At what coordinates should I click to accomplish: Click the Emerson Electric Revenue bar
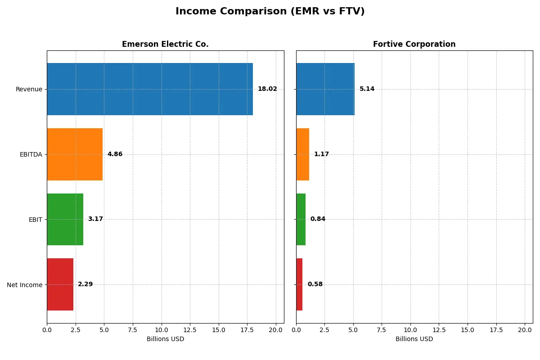coord(149,89)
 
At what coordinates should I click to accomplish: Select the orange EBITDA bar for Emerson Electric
coord(75,154)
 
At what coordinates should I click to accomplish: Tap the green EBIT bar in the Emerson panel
coord(65,219)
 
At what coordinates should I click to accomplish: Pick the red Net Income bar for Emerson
coord(60,284)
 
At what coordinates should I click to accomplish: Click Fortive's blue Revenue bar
coord(325,89)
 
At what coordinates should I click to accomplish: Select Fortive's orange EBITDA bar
coord(302,154)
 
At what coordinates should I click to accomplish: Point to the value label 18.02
coord(267,89)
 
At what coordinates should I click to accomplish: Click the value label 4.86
coord(115,154)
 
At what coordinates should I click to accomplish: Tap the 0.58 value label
coord(315,284)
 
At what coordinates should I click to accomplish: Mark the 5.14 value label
coord(367,89)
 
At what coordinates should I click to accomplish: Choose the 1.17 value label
coord(321,154)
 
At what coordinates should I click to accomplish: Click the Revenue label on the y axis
coord(29,89)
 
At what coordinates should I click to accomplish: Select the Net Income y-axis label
coord(25,285)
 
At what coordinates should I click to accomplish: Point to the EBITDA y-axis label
coord(31,154)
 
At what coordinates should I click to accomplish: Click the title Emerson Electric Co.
coord(165,44)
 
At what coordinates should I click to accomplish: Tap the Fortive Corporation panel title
coord(414,44)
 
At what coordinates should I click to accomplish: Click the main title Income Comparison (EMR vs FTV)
coord(270,11)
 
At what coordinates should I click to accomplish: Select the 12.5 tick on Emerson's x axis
coord(190,330)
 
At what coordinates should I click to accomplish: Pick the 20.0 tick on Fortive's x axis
coord(525,330)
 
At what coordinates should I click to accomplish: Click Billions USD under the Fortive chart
coord(414,339)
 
